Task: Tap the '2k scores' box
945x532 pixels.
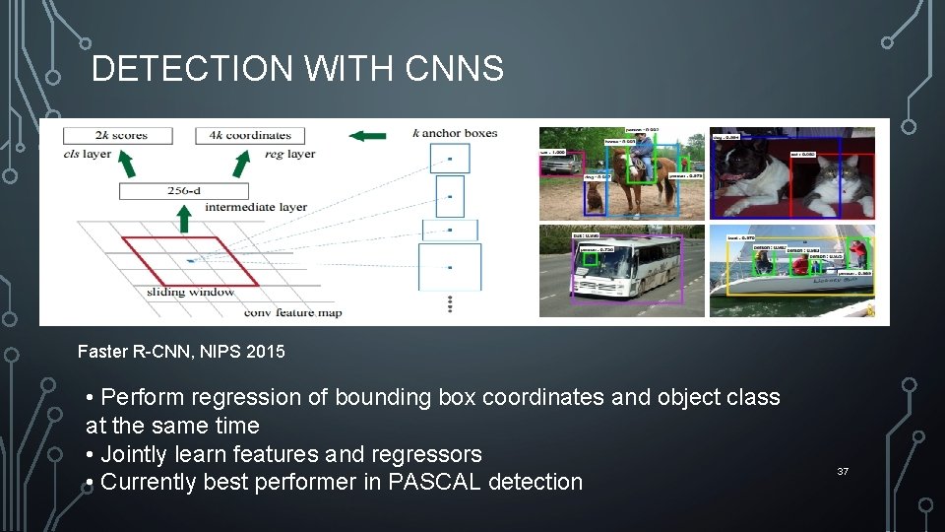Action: click(118, 136)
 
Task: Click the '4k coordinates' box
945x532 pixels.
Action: click(250, 136)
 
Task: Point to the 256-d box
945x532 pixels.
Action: click(184, 191)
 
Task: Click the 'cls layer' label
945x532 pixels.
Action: click(87, 154)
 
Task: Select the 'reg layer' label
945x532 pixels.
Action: click(288, 154)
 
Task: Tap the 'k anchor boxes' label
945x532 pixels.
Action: click(455, 133)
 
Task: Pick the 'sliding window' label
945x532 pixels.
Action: click(191, 292)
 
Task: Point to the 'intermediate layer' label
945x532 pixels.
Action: click(256, 208)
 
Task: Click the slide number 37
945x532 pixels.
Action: click(843, 473)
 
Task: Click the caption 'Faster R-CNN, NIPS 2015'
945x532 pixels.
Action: click(181, 351)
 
